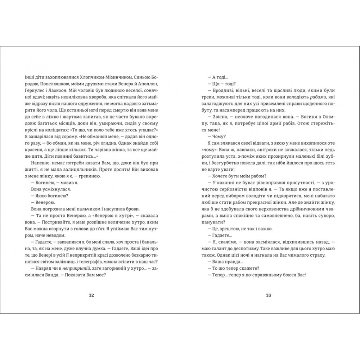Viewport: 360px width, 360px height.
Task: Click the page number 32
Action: coord(91,296)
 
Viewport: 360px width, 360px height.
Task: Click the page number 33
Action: coord(268,296)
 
